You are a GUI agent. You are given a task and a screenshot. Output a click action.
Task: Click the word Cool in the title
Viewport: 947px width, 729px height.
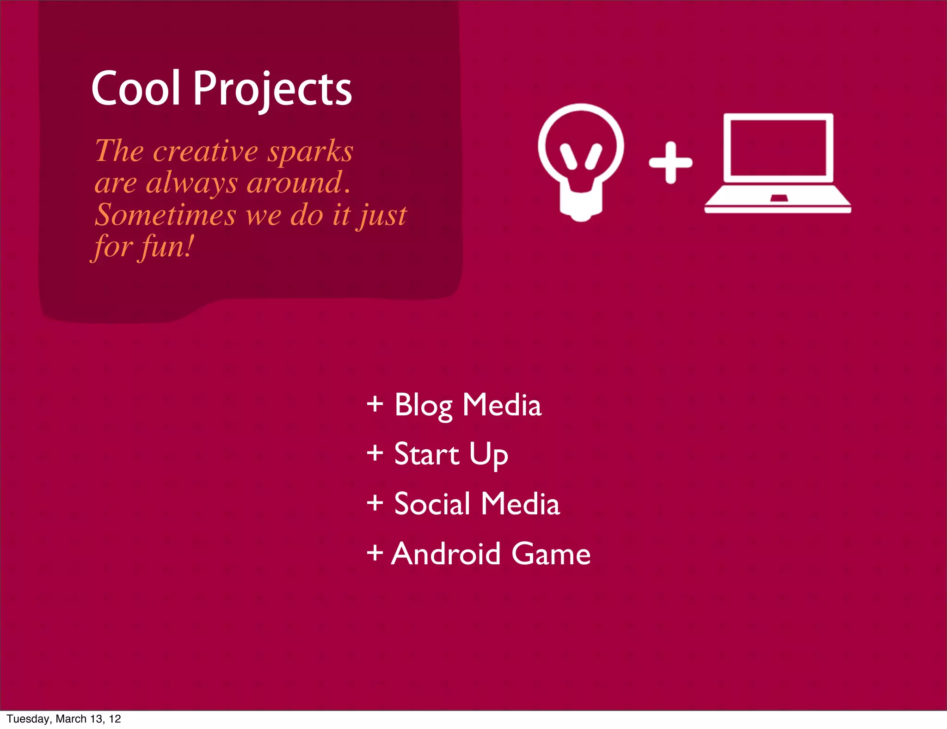135,88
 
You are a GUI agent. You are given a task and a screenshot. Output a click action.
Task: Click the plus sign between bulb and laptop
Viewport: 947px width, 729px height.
670,162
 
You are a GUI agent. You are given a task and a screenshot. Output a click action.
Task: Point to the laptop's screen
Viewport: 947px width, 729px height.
778,148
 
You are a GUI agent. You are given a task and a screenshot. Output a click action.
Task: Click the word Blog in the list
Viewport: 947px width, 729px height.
423,406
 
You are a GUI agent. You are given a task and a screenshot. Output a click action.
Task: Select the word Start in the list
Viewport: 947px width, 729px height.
426,454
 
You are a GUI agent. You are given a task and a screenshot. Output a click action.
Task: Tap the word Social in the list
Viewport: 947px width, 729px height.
432,504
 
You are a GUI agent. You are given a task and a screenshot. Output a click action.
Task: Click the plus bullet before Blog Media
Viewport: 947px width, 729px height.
375,404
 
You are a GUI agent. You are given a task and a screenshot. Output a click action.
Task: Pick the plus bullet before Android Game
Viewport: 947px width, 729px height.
375,553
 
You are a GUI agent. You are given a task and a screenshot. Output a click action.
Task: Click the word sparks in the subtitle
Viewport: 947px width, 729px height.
310,152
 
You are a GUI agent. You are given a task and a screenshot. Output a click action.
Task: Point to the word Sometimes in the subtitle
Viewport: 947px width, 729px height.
165,216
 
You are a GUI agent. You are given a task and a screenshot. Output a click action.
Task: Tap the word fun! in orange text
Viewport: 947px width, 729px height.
167,247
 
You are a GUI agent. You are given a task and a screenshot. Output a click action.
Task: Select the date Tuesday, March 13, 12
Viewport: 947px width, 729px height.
64,719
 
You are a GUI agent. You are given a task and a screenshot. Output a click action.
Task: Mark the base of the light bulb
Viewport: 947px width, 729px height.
581,204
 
